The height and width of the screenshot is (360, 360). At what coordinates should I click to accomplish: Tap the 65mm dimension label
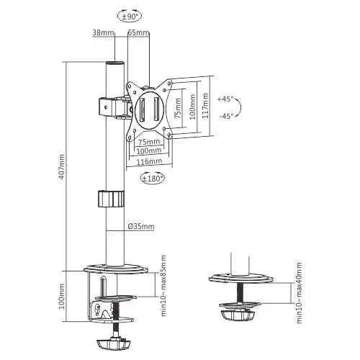[138, 33]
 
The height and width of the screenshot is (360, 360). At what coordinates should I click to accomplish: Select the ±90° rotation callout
[129, 14]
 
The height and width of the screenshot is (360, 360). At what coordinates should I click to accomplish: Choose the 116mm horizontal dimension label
[149, 163]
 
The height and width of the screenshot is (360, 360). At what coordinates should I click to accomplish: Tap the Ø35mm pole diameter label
[141, 227]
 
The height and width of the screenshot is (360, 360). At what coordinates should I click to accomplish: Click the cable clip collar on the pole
[109, 199]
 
